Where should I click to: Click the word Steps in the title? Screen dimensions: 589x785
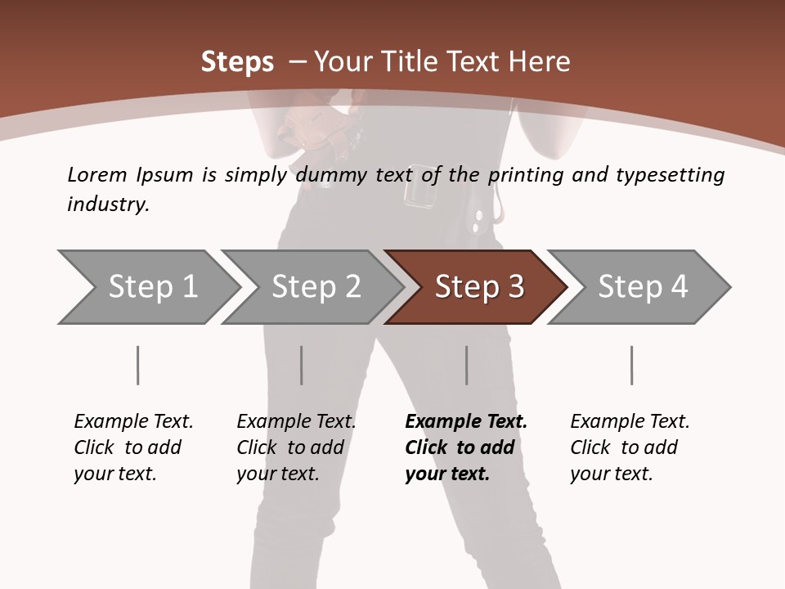237,62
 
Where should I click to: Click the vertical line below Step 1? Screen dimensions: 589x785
138,365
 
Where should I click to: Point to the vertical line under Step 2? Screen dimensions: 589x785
302,365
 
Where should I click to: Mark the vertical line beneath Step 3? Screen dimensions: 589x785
467,365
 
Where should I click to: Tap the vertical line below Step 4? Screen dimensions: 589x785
632,365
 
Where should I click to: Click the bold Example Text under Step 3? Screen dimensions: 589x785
465,422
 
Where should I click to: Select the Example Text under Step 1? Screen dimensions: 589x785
133,422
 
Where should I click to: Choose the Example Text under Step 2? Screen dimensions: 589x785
296,422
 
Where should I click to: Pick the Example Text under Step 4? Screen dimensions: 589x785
630,422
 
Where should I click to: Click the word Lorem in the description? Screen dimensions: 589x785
97,174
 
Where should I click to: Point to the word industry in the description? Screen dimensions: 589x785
108,204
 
